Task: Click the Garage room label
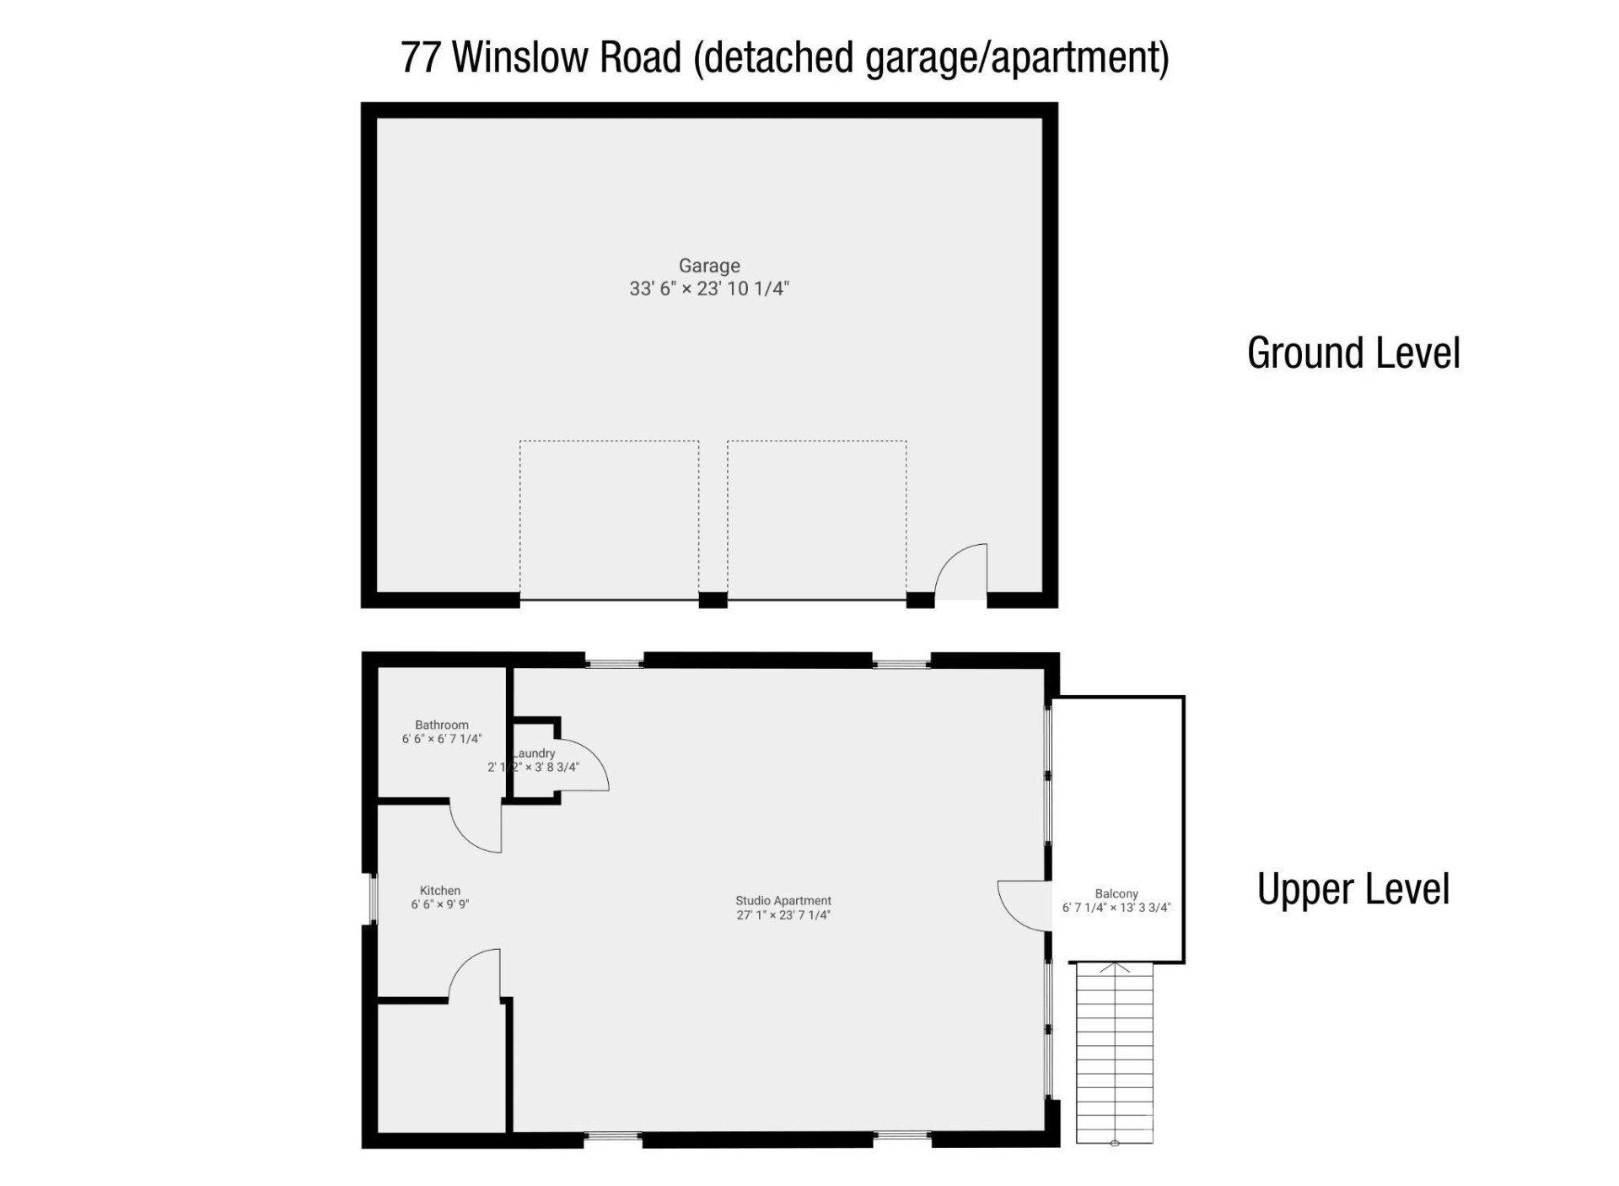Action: [709, 266]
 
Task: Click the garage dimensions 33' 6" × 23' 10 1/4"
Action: [709, 288]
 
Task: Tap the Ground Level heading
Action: [1353, 353]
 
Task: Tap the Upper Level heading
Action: [1353, 889]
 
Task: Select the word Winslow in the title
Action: [565, 57]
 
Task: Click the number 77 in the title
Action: [421, 57]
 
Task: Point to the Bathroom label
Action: [441, 725]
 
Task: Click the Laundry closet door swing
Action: [582, 764]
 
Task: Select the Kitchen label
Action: [440, 890]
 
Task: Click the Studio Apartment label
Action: [783, 900]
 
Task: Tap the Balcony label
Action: [1116, 893]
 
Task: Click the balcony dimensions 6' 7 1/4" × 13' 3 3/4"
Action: [1116, 908]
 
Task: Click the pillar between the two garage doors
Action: [713, 600]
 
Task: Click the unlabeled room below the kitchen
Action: [441, 1067]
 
